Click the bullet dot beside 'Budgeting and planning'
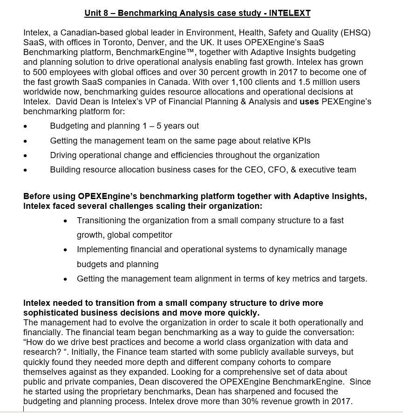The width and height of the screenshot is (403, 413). [x=25, y=126]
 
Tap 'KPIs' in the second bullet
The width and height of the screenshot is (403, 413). [x=301, y=140]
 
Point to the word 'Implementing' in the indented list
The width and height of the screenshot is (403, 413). [x=100, y=249]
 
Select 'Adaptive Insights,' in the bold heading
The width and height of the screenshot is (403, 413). [x=330, y=196]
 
